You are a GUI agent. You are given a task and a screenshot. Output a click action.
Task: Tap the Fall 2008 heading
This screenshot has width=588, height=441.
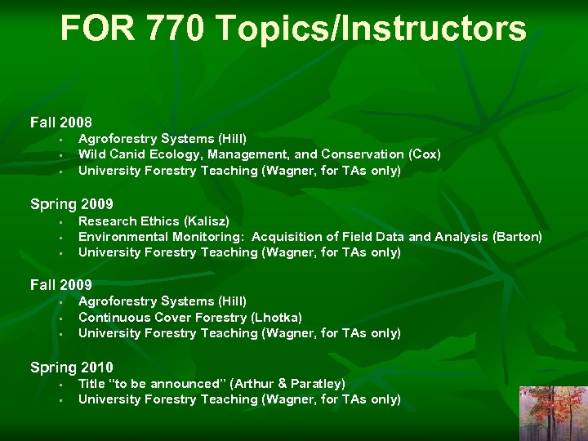[x=61, y=122]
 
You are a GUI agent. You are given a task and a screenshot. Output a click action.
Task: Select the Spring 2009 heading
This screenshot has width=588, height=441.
[x=72, y=204]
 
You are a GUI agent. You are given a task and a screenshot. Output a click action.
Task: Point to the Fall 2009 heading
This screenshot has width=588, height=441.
[x=61, y=285]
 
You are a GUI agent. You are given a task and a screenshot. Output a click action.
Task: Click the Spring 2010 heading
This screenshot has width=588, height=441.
[x=72, y=367]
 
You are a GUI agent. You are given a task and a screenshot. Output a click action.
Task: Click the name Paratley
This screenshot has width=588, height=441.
[x=316, y=383]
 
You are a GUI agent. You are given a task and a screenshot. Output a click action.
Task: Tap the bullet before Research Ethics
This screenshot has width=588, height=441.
[x=60, y=221]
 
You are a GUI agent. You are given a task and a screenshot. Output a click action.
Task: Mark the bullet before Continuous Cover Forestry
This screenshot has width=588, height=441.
[x=60, y=318]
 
